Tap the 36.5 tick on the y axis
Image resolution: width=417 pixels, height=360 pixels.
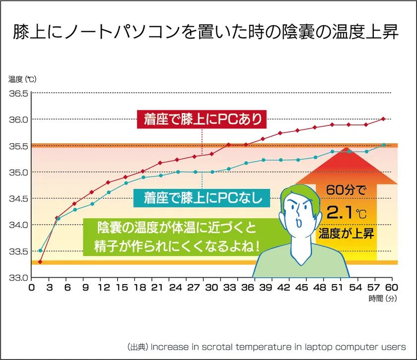18,94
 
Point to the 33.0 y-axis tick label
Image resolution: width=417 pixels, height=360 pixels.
18,277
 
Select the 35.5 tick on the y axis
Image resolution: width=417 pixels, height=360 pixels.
18,146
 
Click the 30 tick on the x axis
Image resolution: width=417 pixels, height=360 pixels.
211,288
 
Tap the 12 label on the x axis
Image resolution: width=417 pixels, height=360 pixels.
103,288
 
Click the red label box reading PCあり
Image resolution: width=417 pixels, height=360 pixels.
202,119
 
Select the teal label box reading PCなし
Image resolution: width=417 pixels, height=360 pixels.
202,198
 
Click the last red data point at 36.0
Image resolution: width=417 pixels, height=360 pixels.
384,119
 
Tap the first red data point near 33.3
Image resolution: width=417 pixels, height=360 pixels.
40,262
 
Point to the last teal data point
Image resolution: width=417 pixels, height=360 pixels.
384,145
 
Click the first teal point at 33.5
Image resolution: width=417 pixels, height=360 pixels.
40,250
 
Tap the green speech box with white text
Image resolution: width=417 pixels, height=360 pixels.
171,237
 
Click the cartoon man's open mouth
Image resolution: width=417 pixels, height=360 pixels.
300,223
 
